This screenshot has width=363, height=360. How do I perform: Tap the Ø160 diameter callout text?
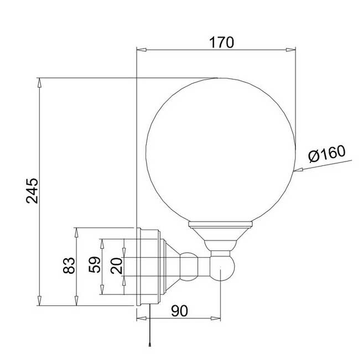pyautogui.click(x=326, y=154)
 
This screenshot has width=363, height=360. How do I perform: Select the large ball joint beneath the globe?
pyautogui.click(x=221, y=269)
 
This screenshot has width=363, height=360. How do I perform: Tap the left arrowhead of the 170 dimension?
pyautogui.click(x=141, y=51)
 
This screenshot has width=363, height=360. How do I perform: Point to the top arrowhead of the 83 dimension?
pyautogui.click(x=76, y=231)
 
